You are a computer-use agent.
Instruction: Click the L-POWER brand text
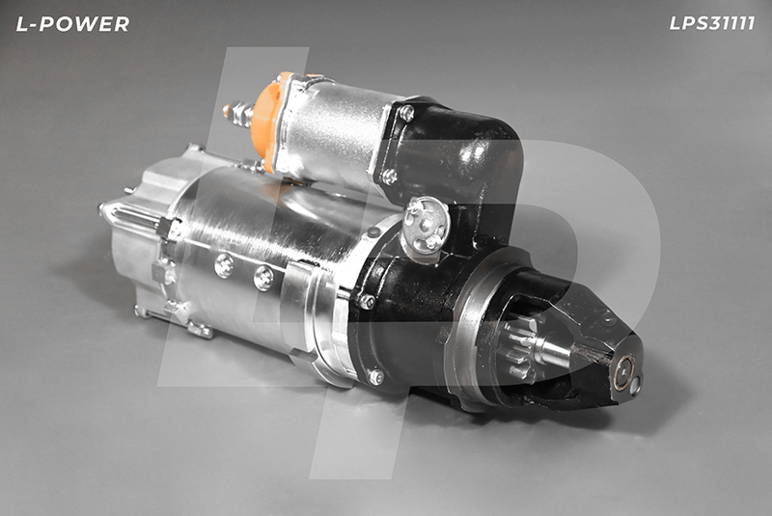(72, 24)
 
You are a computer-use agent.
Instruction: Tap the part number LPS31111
(711, 23)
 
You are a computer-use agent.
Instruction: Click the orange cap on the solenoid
(267, 121)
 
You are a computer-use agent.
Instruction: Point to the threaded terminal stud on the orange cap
(237, 113)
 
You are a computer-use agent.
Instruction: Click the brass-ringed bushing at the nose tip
(625, 372)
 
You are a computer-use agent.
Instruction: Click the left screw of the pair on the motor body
(225, 265)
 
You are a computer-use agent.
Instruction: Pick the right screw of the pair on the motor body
(263, 278)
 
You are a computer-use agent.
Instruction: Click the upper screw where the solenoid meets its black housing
(406, 113)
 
